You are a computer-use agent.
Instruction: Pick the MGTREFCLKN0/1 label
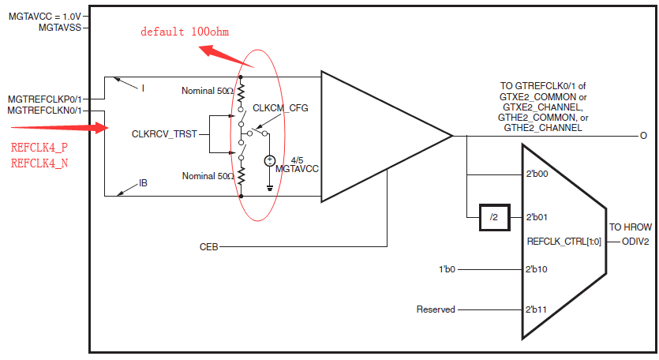pos(44,111)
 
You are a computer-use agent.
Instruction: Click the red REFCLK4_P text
pos(39,148)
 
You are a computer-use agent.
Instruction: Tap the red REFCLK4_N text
pos(39,163)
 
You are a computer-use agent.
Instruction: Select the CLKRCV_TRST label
pos(163,135)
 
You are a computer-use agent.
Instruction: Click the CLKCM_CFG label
pos(280,107)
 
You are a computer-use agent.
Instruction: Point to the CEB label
pos(208,247)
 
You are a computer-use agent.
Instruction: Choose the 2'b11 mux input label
pos(537,309)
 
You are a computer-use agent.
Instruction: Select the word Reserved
pos(436,309)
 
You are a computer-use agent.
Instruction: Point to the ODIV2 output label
pos(635,242)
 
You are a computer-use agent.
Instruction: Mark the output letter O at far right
pos(644,136)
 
